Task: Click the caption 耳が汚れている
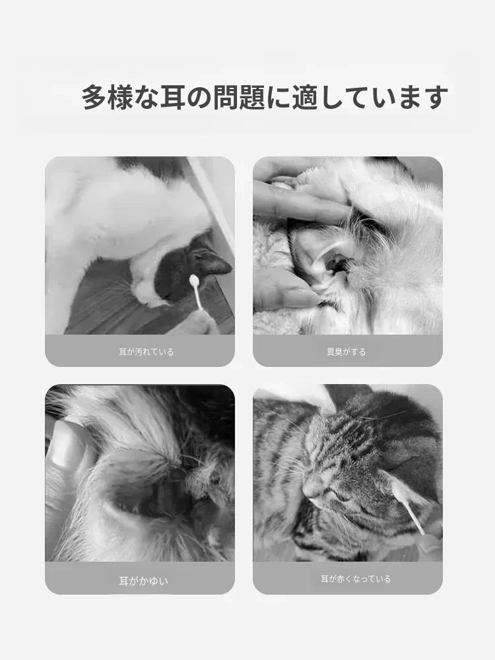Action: [x=146, y=352]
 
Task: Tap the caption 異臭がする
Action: [x=346, y=352]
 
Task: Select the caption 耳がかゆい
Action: [x=143, y=581]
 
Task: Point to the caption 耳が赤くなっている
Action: [x=356, y=579]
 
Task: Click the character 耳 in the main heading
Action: [x=172, y=97]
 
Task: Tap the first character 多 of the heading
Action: [x=94, y=97]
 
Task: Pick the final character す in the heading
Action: [x=436, y=97]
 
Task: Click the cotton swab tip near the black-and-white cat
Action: [x=195, y=280]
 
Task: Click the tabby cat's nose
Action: [x=310, y=490]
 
